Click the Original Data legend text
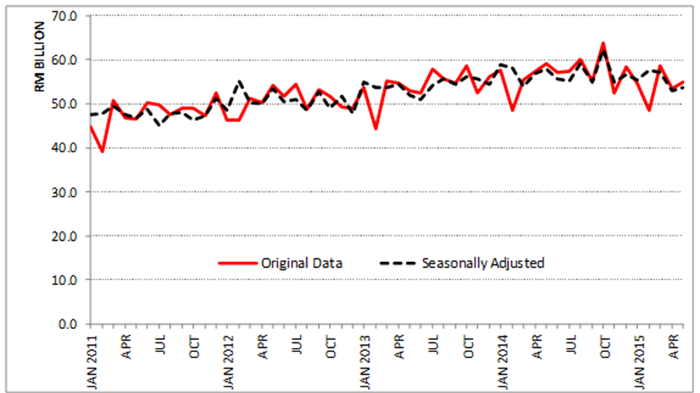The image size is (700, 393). coord(302,263)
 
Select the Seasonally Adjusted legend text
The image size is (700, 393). coord(483,263)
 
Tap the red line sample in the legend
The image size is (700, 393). coord(238,263)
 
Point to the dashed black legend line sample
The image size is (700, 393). coord(398,263)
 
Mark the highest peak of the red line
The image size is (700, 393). coord(603,43)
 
